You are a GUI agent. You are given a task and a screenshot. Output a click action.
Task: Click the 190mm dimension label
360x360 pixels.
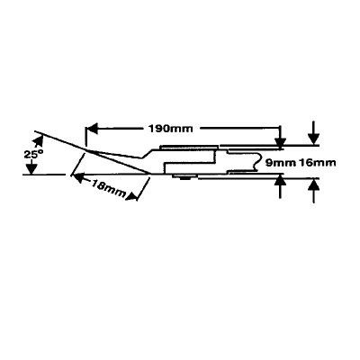point(170,129)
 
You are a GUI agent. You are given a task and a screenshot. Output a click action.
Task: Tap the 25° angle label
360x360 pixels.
point(33,155)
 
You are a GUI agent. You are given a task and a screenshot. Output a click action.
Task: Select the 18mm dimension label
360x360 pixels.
point(109,188)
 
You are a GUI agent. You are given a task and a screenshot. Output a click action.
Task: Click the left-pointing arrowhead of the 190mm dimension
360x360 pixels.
point(92,129)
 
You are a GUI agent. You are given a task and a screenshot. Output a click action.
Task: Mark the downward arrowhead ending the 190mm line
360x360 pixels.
point(280,141)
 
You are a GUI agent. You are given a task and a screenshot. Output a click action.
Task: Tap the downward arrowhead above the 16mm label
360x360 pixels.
point(313,139)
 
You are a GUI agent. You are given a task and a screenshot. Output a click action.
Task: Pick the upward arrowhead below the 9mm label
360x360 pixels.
point(280,180)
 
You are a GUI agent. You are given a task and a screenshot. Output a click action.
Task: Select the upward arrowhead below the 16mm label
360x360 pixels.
point(313,184)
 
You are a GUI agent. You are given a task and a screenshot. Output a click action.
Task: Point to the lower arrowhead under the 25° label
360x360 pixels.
point(31,168)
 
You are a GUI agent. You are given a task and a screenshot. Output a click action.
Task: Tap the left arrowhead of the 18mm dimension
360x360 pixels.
point(78,178)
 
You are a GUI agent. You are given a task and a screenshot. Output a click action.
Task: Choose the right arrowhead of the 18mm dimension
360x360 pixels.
point(132,196)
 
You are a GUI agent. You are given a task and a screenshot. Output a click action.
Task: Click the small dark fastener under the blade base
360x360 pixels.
point(184,177)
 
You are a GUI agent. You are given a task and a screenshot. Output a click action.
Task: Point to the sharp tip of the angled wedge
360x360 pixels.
point(149,174)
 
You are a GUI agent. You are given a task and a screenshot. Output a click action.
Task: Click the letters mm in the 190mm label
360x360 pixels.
point(183,130)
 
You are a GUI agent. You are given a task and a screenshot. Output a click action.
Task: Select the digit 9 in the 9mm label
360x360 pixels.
point(268,163)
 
